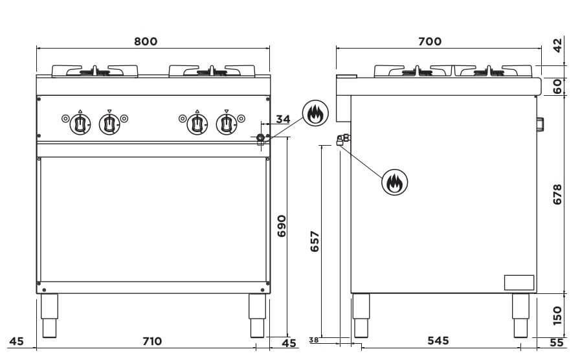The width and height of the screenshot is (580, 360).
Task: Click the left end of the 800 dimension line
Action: click(x=37, y=48)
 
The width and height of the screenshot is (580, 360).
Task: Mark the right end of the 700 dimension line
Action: click(x=542, y=48)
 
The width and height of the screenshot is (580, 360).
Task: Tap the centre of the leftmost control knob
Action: click(x=80, y=124)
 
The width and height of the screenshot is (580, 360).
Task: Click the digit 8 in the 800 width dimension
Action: click(x=139, y=41)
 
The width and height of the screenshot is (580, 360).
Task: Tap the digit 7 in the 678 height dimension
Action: click(x=557, y=194)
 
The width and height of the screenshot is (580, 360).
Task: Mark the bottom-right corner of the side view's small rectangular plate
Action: click(x=534, y=289)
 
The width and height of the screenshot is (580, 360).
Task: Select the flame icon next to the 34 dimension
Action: click(x=315, y=113)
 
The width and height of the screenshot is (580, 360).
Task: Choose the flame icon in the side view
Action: click(x=395, y=182)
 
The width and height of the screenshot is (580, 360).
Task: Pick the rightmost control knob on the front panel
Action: click(x=227, y=124)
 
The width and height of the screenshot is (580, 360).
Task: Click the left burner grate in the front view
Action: click(x=95, y=71)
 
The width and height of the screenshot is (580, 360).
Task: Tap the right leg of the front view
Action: click(x=257, y=315)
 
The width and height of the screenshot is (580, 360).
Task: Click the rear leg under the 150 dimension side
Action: click(x=521, y=315)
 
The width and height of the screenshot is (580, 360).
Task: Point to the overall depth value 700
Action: click(x=430, y=41)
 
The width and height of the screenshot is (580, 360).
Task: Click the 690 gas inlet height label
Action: click(x=282, y=226)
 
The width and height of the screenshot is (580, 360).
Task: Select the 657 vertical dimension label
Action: click(x=315, y=242)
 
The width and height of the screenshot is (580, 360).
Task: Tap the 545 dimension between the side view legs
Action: click(x=438, y=341)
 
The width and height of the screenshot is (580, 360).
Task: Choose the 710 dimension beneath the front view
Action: click(x=152, y=341)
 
